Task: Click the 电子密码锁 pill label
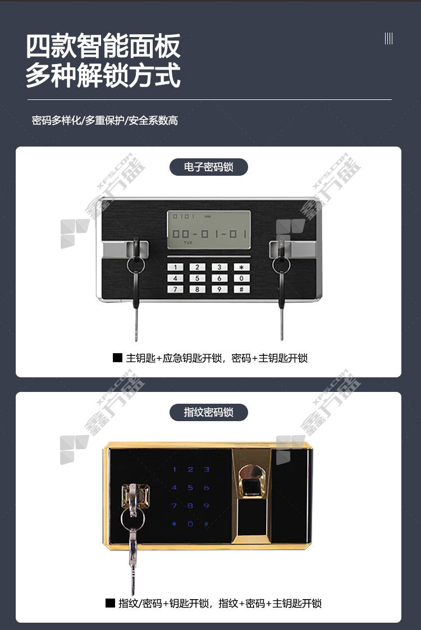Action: [208, 167]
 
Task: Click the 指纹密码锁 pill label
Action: [208, 412]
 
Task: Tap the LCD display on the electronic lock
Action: [209, 230]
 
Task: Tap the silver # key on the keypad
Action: [241, 289]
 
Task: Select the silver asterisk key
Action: [241, 267]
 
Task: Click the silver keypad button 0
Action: [241, 278]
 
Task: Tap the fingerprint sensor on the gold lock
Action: [252, 482]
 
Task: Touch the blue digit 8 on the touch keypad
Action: [190, 505]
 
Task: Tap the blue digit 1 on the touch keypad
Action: [175, 469]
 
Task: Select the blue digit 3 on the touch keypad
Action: [207, 469]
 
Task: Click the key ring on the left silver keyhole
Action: [136, 265]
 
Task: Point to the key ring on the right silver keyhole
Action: [281, 265]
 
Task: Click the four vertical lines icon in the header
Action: [388, 39]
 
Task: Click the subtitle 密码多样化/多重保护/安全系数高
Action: [105, 120]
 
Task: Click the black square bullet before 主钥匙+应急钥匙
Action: [117, 357]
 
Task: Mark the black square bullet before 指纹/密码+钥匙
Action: [110, 602]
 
